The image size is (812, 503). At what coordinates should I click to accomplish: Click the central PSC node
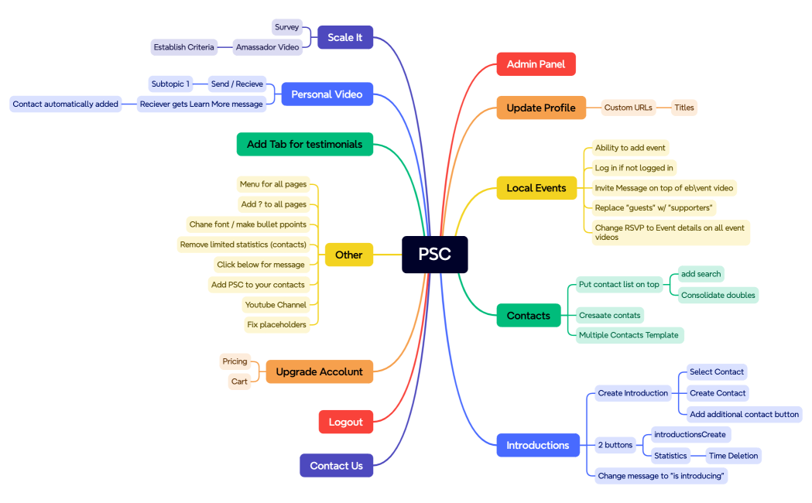pos(434,255)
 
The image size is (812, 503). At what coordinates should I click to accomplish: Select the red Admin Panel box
pos(536,64)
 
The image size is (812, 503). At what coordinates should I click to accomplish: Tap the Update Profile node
pos(540,108)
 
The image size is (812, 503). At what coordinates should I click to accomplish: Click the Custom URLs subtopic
pos(628,108)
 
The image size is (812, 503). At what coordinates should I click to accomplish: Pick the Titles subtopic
pos(684,108)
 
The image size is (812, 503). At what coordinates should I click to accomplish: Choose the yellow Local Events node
pos(536,188)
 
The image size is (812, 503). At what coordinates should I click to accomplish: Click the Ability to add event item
pos(629,148)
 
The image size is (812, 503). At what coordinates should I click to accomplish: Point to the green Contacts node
pos(528,316)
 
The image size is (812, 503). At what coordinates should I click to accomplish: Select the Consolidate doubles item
pos(718,295)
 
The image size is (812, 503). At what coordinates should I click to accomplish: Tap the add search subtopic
pos(701,274)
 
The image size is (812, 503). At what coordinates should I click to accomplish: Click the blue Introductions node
pos(537,445)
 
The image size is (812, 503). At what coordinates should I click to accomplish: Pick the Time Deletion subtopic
pos(732,456)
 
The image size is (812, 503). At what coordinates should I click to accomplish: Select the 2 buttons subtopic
pos(615,445)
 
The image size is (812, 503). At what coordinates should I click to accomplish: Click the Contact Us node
pos(336,466)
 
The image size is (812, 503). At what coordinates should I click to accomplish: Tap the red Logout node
pos(345,422)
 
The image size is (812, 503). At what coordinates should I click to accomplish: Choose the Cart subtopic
pos(239,382)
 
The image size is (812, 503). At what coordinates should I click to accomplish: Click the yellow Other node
pos(348,255)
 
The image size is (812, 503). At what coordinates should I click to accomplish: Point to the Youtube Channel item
pos(276,305)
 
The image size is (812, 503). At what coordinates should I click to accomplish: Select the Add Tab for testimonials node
pos(304,144)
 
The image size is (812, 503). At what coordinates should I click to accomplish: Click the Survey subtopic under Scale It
pos(286,27)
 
